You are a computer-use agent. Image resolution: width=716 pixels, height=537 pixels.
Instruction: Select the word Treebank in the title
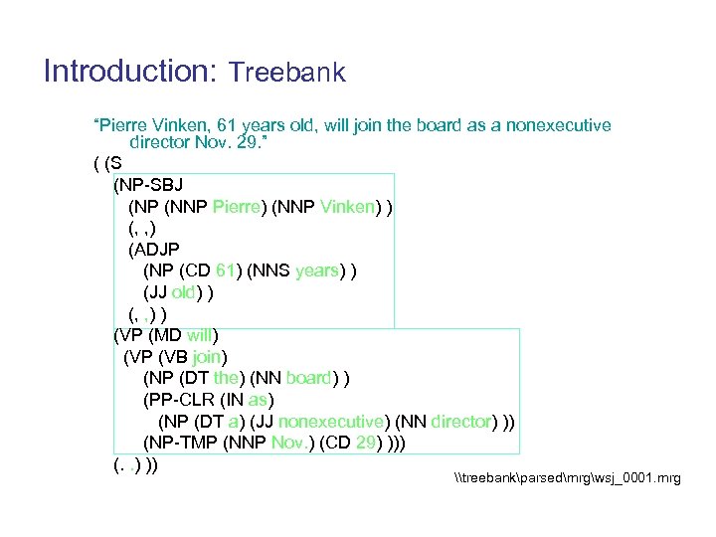286,73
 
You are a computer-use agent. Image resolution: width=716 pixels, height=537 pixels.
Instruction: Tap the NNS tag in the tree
273,270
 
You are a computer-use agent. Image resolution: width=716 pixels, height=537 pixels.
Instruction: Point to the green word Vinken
347,207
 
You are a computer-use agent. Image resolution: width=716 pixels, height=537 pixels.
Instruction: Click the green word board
308,378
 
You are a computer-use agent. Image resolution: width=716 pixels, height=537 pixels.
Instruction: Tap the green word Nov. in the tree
289,443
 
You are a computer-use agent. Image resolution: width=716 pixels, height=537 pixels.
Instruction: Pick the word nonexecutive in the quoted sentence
559,126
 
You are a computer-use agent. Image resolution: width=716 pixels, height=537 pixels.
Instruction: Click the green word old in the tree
184,292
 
